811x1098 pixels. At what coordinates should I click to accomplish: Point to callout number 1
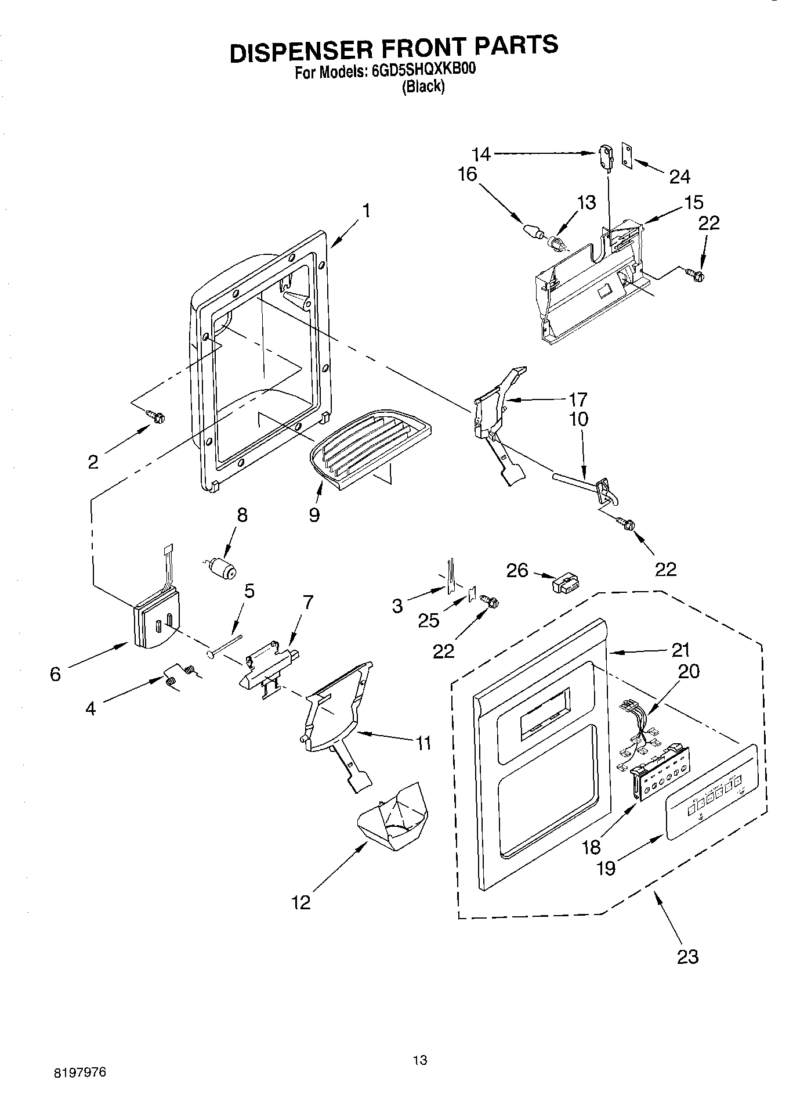(x=367, y=211)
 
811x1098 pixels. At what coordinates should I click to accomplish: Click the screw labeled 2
(x=156, y=416)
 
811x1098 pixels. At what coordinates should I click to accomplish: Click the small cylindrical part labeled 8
(x=222, y=568)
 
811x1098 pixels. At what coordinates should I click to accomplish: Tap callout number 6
(x=55, y=674)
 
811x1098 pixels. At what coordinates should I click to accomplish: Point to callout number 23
(x=688, y=956)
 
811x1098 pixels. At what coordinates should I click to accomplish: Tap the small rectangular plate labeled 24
(x=627, y=155)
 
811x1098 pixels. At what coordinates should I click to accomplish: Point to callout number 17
(x=578, y=399)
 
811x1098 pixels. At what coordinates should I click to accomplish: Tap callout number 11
(x=423, y=742)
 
